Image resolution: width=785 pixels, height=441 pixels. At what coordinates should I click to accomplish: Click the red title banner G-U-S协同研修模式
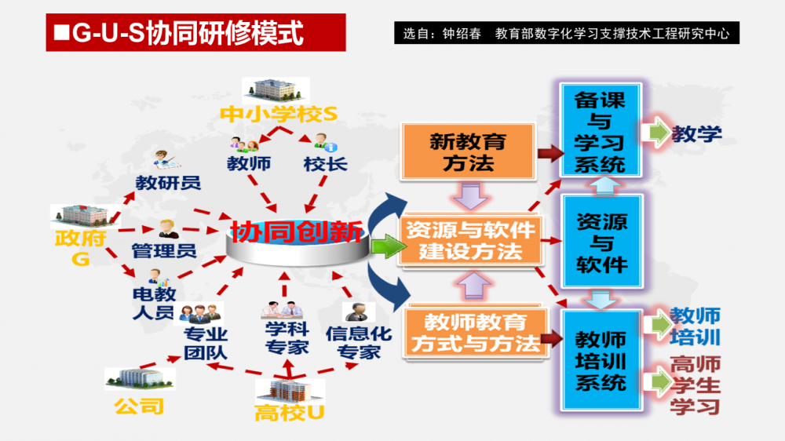coord(195,33)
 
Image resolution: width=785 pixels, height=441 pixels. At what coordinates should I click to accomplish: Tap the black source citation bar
coord(566,34)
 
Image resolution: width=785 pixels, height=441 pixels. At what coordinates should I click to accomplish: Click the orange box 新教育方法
coord(467,151)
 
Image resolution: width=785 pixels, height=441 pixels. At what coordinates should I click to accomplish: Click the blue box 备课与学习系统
coord(601,131)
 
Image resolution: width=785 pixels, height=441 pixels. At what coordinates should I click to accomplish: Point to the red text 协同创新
coord(296,232)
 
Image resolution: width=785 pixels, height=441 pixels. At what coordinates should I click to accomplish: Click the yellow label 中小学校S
coord(278,114)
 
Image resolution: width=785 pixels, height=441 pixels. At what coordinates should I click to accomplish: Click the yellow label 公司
coord(139,406)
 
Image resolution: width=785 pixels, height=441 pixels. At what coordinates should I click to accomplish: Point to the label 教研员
coord(168,184)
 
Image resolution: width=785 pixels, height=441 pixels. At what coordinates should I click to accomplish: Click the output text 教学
coord(696,133)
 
